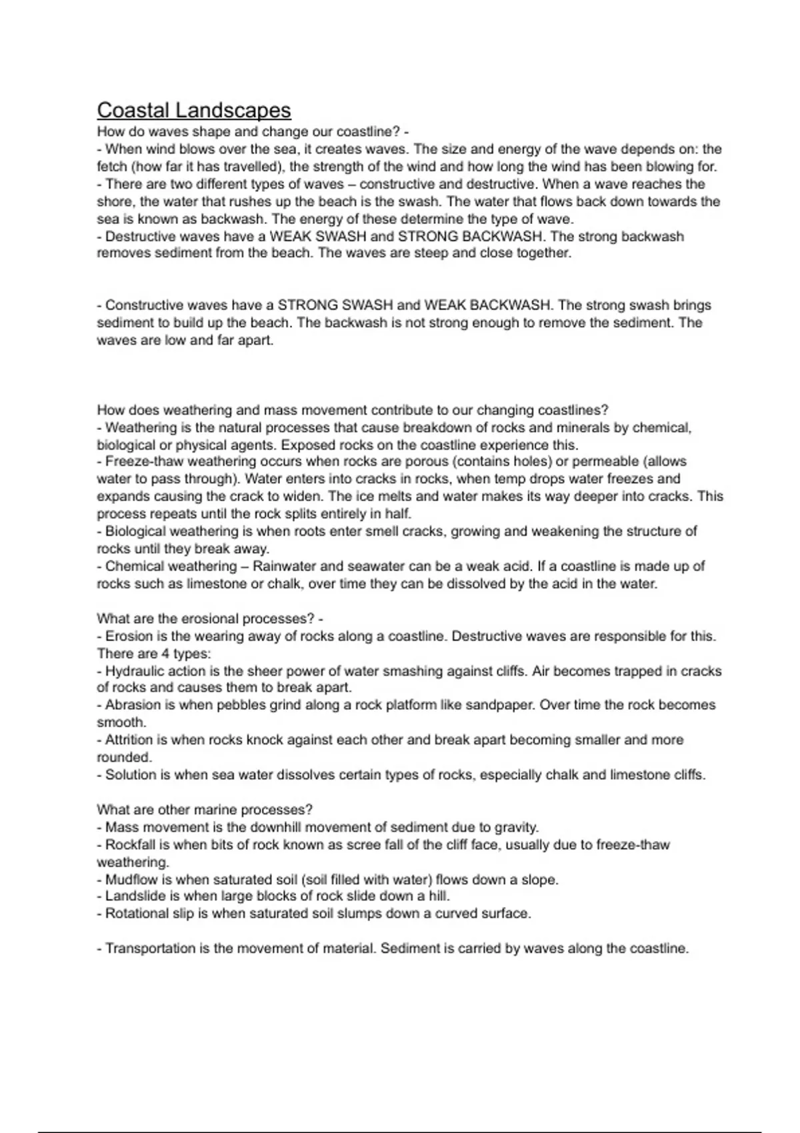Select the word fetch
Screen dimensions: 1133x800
click(114, 167)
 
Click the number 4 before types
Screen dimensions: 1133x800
click(166, 654)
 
